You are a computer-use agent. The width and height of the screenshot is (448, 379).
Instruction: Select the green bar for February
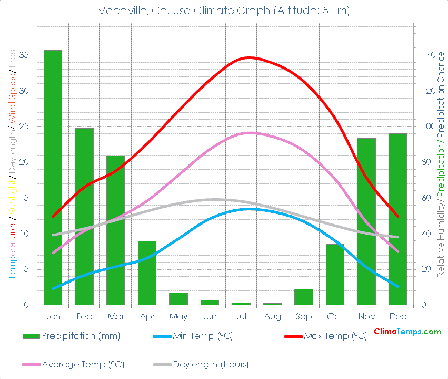click(84, 216)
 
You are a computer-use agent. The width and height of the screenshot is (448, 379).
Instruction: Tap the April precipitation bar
click(147, 273)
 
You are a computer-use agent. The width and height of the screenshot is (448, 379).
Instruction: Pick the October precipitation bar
click(335, 274)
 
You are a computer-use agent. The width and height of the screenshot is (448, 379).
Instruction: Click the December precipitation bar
click(397, 219)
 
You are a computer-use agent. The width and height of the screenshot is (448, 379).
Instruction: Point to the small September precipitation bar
click(304, 297)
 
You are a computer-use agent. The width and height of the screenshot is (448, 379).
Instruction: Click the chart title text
click(224, 11)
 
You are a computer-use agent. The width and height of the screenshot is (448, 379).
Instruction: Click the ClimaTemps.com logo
click(407, 332)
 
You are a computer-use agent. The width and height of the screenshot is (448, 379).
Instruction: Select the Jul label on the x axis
click(241, 316)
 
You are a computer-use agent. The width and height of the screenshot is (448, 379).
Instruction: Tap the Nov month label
click(366, 316)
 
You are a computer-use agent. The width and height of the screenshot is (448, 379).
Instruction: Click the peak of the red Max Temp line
click(249, 57)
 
